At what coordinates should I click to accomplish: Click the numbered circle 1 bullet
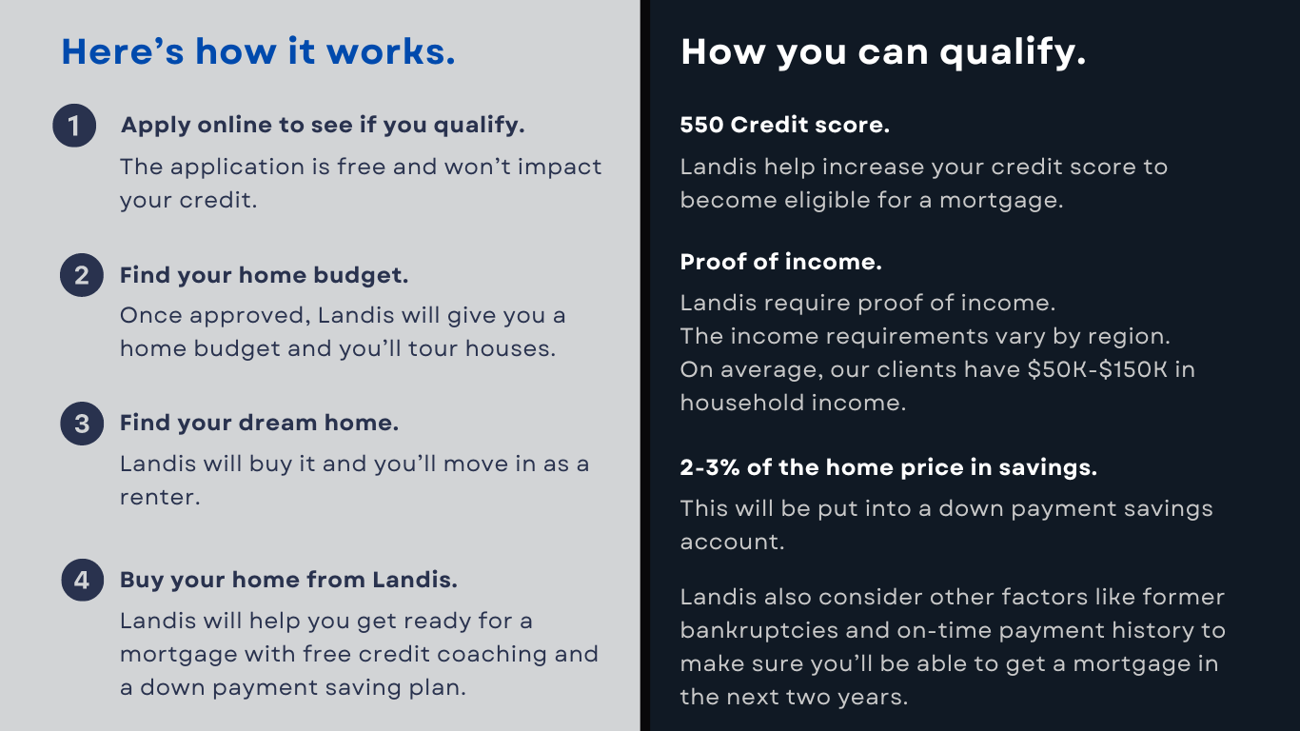(x=74, y=126)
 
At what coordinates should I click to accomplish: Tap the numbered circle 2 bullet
(x=82, y=275)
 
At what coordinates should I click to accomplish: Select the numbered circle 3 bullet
(x=82, y=424)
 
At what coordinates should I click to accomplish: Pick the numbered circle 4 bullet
(x=83, y=580)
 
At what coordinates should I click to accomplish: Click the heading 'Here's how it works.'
(x=258, y=51)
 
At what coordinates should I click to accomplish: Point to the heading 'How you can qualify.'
(x=883, y=53)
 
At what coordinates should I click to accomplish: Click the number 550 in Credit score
(x=701, y=125)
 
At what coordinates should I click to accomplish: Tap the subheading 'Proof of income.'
(x=780, y=262)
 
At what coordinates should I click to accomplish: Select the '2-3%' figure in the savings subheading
(x=710, y=468)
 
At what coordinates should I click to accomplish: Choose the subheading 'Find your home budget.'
(x=264, y=276)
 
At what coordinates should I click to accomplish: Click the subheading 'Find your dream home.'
(x=260, y=424)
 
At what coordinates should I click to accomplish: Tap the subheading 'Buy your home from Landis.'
(x=289, y=580)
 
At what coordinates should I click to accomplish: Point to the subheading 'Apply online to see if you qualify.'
(x=323, y=126)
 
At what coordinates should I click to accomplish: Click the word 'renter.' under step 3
(x=160, y=498)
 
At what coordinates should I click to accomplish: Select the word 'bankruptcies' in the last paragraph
(x=759, y=631)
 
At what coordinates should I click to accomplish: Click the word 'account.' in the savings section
(x=733, y=543)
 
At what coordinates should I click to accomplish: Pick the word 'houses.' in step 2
(x=511, y=349)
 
